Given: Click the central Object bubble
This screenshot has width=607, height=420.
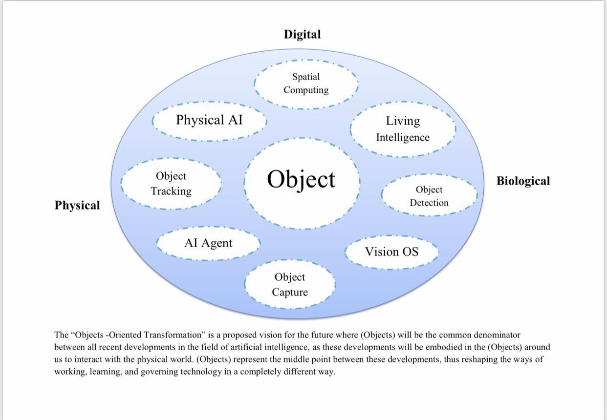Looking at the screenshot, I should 302,180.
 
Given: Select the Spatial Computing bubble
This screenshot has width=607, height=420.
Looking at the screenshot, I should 306,84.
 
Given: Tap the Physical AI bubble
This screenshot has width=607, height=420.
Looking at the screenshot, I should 209,120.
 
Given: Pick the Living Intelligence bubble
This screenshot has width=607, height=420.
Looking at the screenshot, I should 403,129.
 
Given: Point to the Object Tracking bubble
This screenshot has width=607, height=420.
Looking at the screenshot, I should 171,184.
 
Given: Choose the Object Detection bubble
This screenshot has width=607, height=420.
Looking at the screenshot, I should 429,196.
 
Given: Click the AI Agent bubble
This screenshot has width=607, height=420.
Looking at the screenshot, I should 208,243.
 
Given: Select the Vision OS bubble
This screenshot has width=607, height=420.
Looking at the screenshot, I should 391,252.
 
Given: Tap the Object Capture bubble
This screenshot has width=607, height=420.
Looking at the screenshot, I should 290,285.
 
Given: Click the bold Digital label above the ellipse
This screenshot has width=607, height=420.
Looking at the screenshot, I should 303,34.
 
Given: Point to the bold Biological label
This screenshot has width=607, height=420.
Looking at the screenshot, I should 523,181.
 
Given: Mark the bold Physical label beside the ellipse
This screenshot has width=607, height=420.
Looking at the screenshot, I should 77,206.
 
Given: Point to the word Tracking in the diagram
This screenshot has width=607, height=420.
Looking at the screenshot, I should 171,191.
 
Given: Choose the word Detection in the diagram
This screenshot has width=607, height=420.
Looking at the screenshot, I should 429,203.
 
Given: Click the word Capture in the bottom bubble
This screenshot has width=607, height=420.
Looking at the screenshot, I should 290,293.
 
